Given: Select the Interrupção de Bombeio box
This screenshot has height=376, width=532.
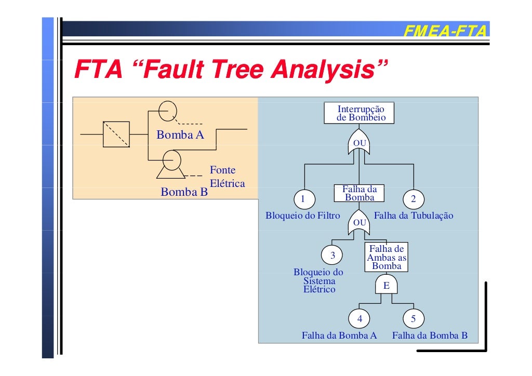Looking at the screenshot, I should pyautogui.click(x=359, y=113).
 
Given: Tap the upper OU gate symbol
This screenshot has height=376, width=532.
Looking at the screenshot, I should pyautogui.click(x=359, y=144).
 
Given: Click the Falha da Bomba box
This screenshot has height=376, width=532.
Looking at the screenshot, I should pyautogui.click(x=360, y=193).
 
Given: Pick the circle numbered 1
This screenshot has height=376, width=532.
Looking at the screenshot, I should pyautogui.click(x=304, y=199).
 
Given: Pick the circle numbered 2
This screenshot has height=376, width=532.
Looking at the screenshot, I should pyautogui.click(x=413, y=199).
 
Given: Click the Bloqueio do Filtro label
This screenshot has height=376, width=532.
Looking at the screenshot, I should pyautogui.click(x=302, y=216).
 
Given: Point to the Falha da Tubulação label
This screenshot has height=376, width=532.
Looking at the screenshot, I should pyautogui.click(x=413, y=216).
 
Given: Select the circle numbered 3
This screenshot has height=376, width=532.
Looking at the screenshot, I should pyautogui.click(x=332, y=255).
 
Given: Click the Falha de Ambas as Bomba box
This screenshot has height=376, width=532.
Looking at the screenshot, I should pyautogui.click(x=387, y=257).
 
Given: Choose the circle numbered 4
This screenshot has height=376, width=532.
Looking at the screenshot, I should pyautogui.click(x=360, y=319).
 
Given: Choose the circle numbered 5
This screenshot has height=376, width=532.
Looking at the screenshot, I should pyautogui.click(x=413, y=319).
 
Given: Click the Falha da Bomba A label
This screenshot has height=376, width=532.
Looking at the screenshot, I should pyautogui.click(x=339, y=335).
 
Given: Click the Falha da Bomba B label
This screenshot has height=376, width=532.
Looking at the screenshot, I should pyautogui.click(x=429, y=335).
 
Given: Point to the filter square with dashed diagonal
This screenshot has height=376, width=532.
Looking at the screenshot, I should pyautogui.click(x=116, y=134).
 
